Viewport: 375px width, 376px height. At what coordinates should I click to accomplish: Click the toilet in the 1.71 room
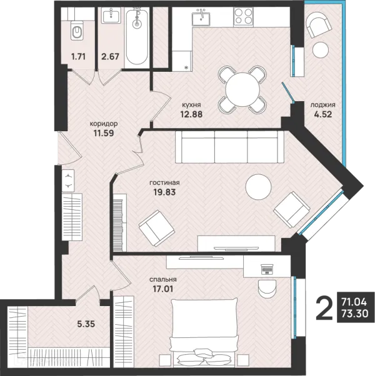77,30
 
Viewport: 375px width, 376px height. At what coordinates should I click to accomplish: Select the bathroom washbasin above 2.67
111,16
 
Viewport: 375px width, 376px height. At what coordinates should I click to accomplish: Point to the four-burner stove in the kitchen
243,16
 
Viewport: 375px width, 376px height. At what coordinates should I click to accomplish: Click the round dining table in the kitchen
242,89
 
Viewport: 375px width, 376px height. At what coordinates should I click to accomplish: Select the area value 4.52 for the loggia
323,114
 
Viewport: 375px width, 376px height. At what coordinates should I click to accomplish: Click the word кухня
191,105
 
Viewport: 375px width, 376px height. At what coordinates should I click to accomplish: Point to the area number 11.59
104,133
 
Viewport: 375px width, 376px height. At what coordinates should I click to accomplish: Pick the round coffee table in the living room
258,187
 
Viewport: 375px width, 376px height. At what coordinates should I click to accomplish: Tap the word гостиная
164,183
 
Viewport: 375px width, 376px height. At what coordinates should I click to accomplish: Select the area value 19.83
164,192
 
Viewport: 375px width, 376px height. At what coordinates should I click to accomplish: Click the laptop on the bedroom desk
267,269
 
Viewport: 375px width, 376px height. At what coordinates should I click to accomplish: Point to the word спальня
163,280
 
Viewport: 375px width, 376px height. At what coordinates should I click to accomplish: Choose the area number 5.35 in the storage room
86,324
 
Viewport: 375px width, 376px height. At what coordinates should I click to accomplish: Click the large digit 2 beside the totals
324,307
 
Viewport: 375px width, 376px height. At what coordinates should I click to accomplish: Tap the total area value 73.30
355,314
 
